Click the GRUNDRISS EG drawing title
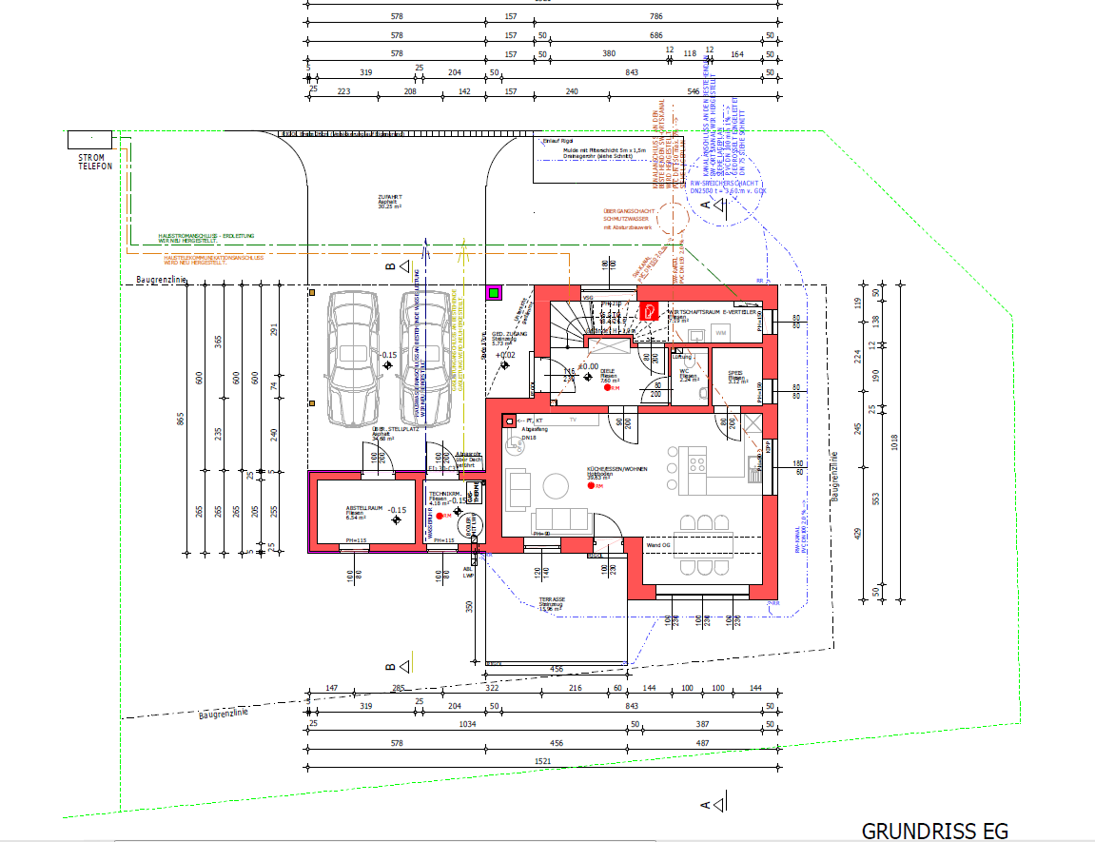(x=934, y=831)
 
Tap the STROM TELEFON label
(x=95, y=162)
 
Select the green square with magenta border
(x=493, y=293)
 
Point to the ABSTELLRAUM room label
(x=363, y=511)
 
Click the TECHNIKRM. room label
(x=443, y=496)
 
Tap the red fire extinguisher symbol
(x=650, y=310)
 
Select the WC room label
(x=685, y=373)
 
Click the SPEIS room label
(x=735, y=374)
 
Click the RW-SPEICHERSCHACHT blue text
(x=731, y=185)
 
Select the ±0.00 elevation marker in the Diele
(x=590, y=365)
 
